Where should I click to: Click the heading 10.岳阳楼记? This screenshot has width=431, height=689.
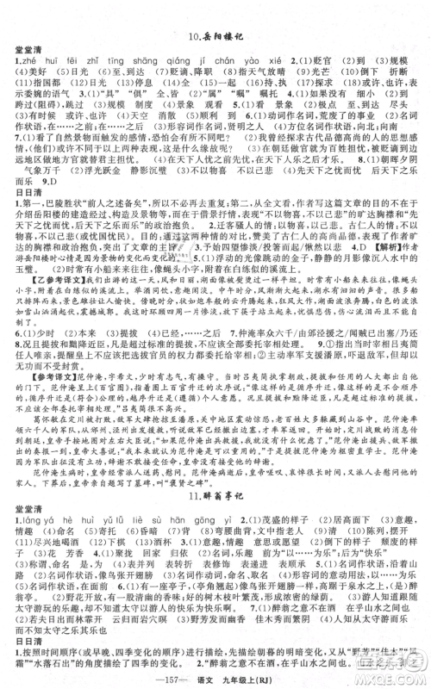(215, 36)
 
